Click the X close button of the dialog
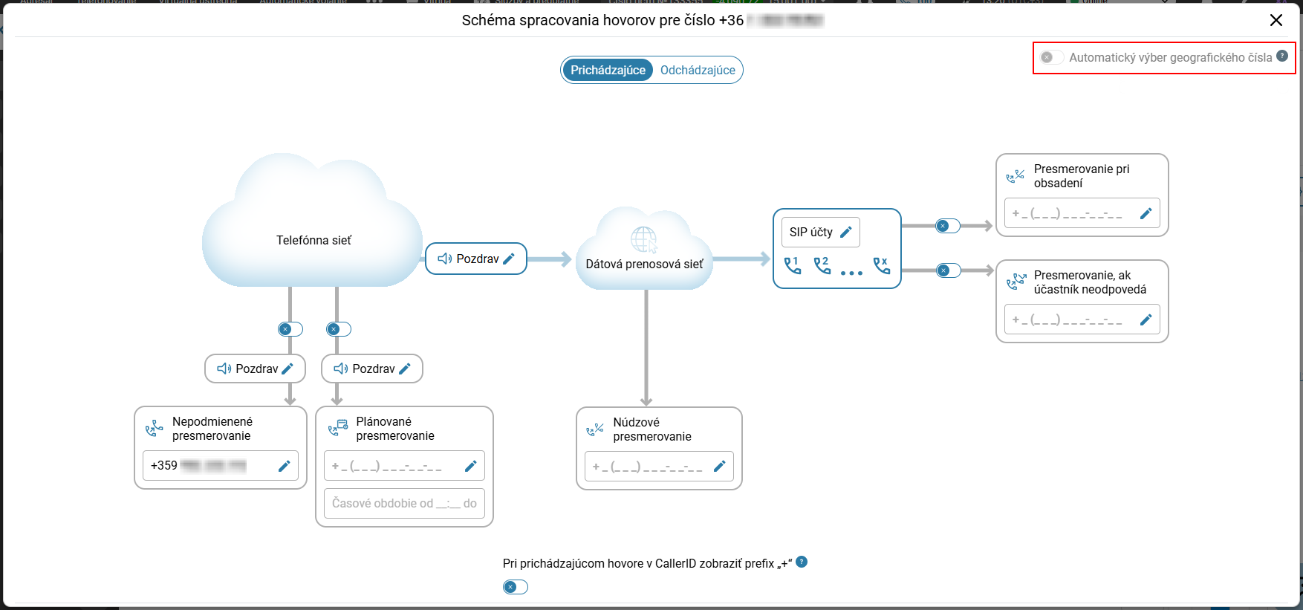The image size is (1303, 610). tap(1276, 20)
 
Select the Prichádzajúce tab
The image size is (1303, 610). tap(608, 70)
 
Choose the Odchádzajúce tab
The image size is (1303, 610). tap(698, 70)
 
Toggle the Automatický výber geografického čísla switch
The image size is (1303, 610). tap(1051, 57)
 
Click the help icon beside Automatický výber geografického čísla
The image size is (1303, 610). tap(1282, 56)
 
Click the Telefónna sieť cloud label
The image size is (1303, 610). tap(313, 240)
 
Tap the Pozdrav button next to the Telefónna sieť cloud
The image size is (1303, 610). tap(475, 259)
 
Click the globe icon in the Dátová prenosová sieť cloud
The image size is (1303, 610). tap(643, 239)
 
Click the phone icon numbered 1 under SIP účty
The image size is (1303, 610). tap(793, 265)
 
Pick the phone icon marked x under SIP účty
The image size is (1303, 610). tap(881, 265)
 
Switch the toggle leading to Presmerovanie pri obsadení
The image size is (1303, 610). tap(948, 226)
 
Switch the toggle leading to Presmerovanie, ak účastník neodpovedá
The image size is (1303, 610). tap(948, 270)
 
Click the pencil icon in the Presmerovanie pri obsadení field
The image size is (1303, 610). tap(1146, 213)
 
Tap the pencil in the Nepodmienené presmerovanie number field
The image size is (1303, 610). tap(284, 466)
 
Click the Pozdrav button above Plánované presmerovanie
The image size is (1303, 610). tap(371, 369)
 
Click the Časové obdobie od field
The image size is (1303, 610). tap(404, 503)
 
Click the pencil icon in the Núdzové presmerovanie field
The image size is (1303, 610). tap(719, 467)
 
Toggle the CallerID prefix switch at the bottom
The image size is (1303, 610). tap(515, 587)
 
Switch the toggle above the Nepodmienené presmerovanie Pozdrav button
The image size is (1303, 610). tap(290, 329)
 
